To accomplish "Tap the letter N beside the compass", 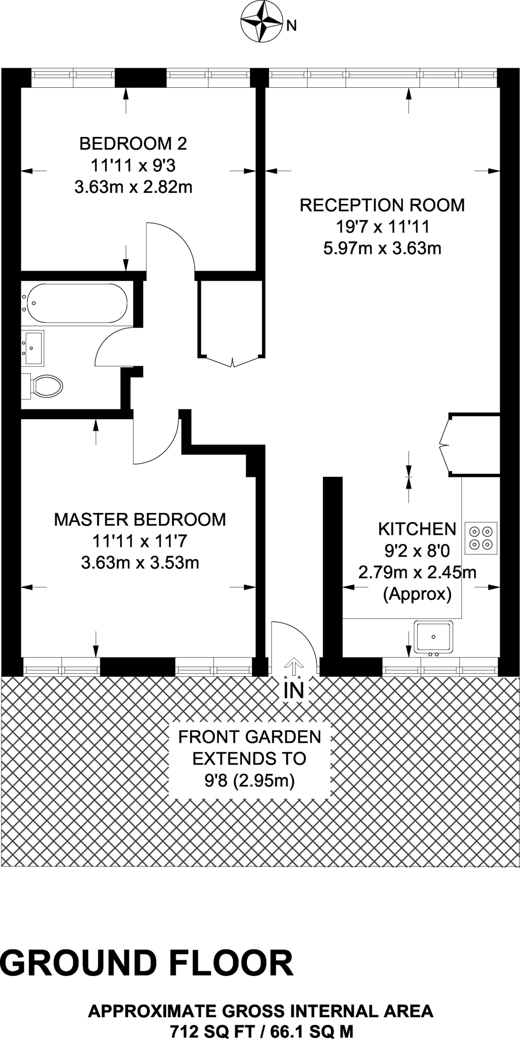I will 291,26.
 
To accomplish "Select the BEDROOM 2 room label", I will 133,144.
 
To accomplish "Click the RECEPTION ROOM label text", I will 382,205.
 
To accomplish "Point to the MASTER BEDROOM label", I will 140,519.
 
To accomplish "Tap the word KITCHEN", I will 417,529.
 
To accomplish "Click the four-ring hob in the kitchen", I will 480,538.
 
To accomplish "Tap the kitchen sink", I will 433,637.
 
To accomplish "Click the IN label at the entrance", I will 293,690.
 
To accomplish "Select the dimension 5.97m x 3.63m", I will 382,249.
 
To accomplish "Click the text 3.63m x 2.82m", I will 133,187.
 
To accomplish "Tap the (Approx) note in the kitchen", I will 417,594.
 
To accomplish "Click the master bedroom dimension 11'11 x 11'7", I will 140,541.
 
